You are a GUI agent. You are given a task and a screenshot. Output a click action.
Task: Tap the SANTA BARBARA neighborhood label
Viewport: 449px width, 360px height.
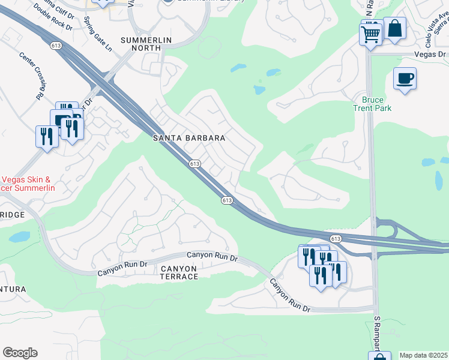[x=189, y=138]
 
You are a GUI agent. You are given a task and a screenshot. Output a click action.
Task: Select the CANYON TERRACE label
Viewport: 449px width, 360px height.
[x=179, y=272]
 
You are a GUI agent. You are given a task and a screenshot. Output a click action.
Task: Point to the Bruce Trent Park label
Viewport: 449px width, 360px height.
[x=376, y=104]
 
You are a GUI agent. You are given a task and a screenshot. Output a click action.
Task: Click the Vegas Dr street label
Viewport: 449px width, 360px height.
[x=431, y=54]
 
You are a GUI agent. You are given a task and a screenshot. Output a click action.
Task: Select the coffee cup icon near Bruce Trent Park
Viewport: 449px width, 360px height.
[x=405, y=79]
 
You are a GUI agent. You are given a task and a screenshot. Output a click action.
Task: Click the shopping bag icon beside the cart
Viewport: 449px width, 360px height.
[x=395, y=28]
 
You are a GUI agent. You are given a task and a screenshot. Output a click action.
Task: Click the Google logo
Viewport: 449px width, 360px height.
[x=20, y=353]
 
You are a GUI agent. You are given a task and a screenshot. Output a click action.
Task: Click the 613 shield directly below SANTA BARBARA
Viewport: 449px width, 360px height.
[x=194, y=163]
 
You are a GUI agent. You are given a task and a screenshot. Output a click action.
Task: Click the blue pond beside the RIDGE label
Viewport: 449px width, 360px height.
[x=19, y=236]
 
